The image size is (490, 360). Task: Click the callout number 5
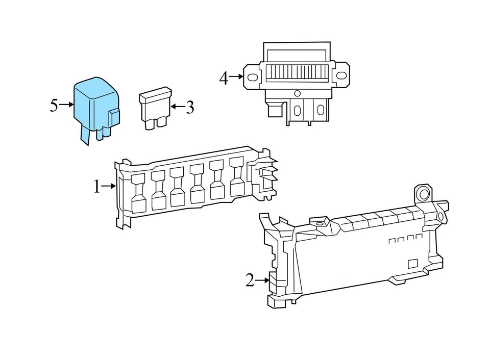coord(55,106)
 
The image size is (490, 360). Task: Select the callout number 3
coord(190,108)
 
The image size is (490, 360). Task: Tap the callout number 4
coord(224,79)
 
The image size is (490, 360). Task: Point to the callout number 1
coord(96,188)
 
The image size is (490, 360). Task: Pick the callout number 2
coord(250,280)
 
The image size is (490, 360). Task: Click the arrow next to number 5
coord(67,105)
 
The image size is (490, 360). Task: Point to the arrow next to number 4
coord(236,77)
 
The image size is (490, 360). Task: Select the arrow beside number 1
coord(109,187)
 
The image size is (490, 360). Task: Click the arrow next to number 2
coord(262,280)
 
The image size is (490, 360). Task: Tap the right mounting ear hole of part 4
coord(342,75)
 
